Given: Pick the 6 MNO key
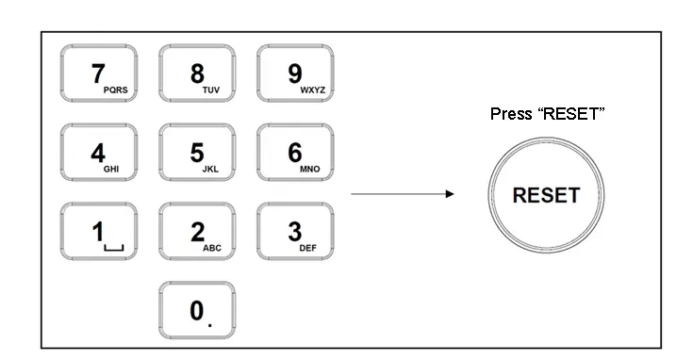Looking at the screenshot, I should [x=296, y=153].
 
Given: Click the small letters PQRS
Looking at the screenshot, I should [x=115, y=90].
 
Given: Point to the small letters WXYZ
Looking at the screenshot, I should [x=312, y=90].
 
